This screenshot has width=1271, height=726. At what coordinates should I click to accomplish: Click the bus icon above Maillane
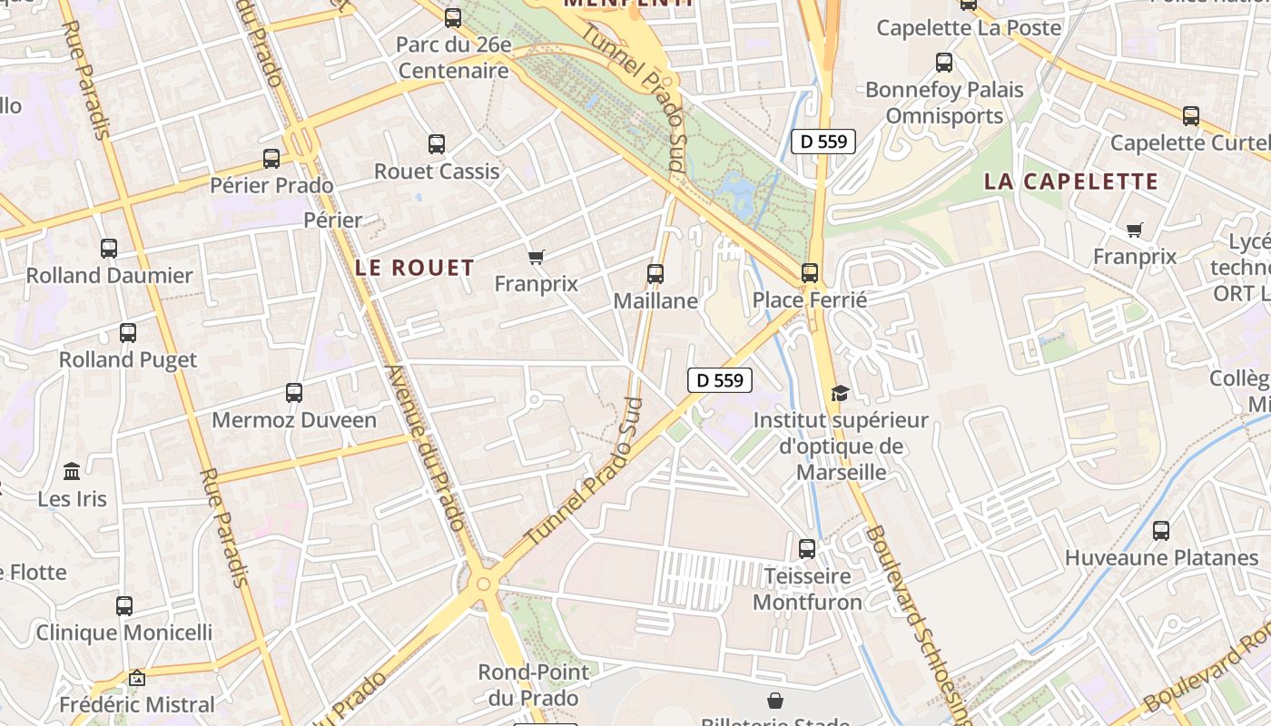tap(655, 273)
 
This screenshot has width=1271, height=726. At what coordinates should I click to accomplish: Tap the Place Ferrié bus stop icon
tap(810, 272)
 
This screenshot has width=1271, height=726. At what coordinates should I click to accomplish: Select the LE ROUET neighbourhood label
tap(415, 268)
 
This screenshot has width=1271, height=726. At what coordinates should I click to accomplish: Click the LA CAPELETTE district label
tap(1071, 181)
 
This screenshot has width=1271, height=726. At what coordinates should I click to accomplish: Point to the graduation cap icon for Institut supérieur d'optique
tap(840, 393)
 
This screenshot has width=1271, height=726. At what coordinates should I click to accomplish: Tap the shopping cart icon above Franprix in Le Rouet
tap(536, 258)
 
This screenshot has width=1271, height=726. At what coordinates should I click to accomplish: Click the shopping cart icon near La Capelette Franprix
tap(1134, 231)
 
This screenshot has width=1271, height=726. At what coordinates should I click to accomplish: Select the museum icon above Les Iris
tap(72, 472)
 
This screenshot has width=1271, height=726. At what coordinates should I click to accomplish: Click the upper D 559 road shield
tap(823, 141)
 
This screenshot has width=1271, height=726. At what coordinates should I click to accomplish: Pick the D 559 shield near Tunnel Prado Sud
tap(720, 380)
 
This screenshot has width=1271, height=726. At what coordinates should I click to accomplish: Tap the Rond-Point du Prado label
tap(533, 685)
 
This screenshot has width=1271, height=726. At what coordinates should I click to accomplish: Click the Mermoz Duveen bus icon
tap(293, 393)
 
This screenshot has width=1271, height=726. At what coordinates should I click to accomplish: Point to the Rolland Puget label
tap(128, 359)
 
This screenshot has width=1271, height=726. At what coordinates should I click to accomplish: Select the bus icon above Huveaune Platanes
tap(1160, 530)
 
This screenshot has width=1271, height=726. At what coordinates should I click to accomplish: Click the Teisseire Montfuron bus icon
tap(806, 548)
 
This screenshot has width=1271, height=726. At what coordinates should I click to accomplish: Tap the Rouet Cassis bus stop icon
tap(437, 143)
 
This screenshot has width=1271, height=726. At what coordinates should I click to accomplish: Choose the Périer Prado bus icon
tap(271, 158)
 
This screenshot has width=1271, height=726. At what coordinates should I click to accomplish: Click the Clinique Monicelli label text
tap(124, 633)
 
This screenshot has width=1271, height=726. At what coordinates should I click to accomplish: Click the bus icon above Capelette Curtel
tap(1190, 115)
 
